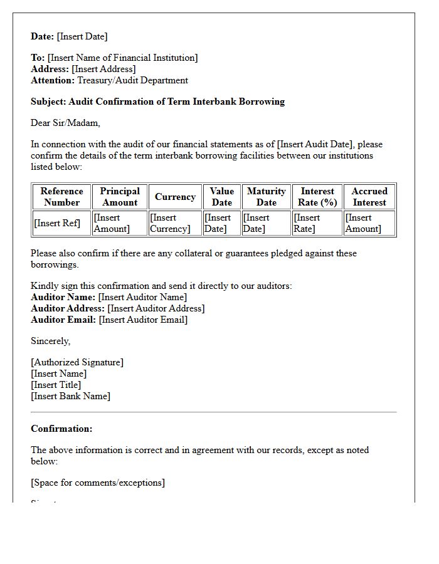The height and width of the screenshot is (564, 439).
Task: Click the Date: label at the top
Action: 43,36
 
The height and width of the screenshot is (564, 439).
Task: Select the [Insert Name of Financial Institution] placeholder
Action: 122,58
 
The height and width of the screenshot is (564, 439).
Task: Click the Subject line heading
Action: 157,102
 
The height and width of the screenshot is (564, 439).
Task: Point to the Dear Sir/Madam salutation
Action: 65,123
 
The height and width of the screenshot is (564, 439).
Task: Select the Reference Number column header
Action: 61,197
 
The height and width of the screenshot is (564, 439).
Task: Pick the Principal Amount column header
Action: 120,197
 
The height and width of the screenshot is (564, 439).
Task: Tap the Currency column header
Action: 175,197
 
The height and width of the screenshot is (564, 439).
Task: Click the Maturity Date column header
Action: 266,197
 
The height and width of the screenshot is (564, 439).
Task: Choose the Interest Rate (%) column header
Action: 317,197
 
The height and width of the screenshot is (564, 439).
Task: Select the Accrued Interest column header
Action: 369,197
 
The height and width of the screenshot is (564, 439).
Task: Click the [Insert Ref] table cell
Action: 57,223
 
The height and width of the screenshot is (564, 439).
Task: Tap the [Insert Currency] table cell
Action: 170,223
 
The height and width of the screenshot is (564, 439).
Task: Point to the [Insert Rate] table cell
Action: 307,223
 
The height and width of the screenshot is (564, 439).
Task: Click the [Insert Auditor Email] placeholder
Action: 143,320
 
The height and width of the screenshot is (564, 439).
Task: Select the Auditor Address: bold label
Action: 68,308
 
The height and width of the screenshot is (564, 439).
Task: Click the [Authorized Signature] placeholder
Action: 77,362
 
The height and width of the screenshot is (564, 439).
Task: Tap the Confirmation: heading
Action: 61,429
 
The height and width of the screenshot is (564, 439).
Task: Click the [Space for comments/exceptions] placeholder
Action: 98,483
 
